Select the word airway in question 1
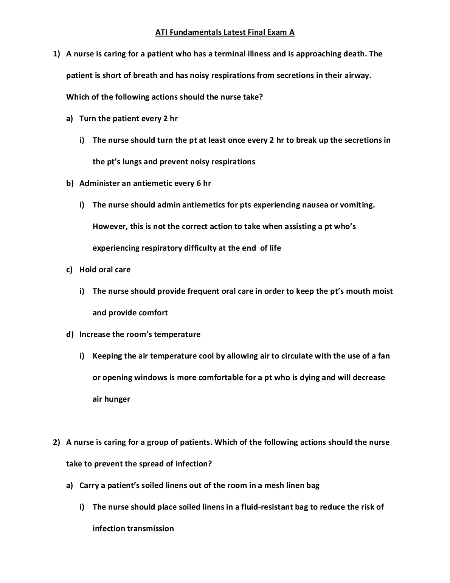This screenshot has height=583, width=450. (x=357, y=76)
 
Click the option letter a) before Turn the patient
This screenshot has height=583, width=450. (x=70, y=119)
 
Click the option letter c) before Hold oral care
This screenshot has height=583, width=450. (x=70, y=270)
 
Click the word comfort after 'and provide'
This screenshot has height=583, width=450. (x=153, y=313)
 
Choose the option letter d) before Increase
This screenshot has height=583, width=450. (x=70, y=335)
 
